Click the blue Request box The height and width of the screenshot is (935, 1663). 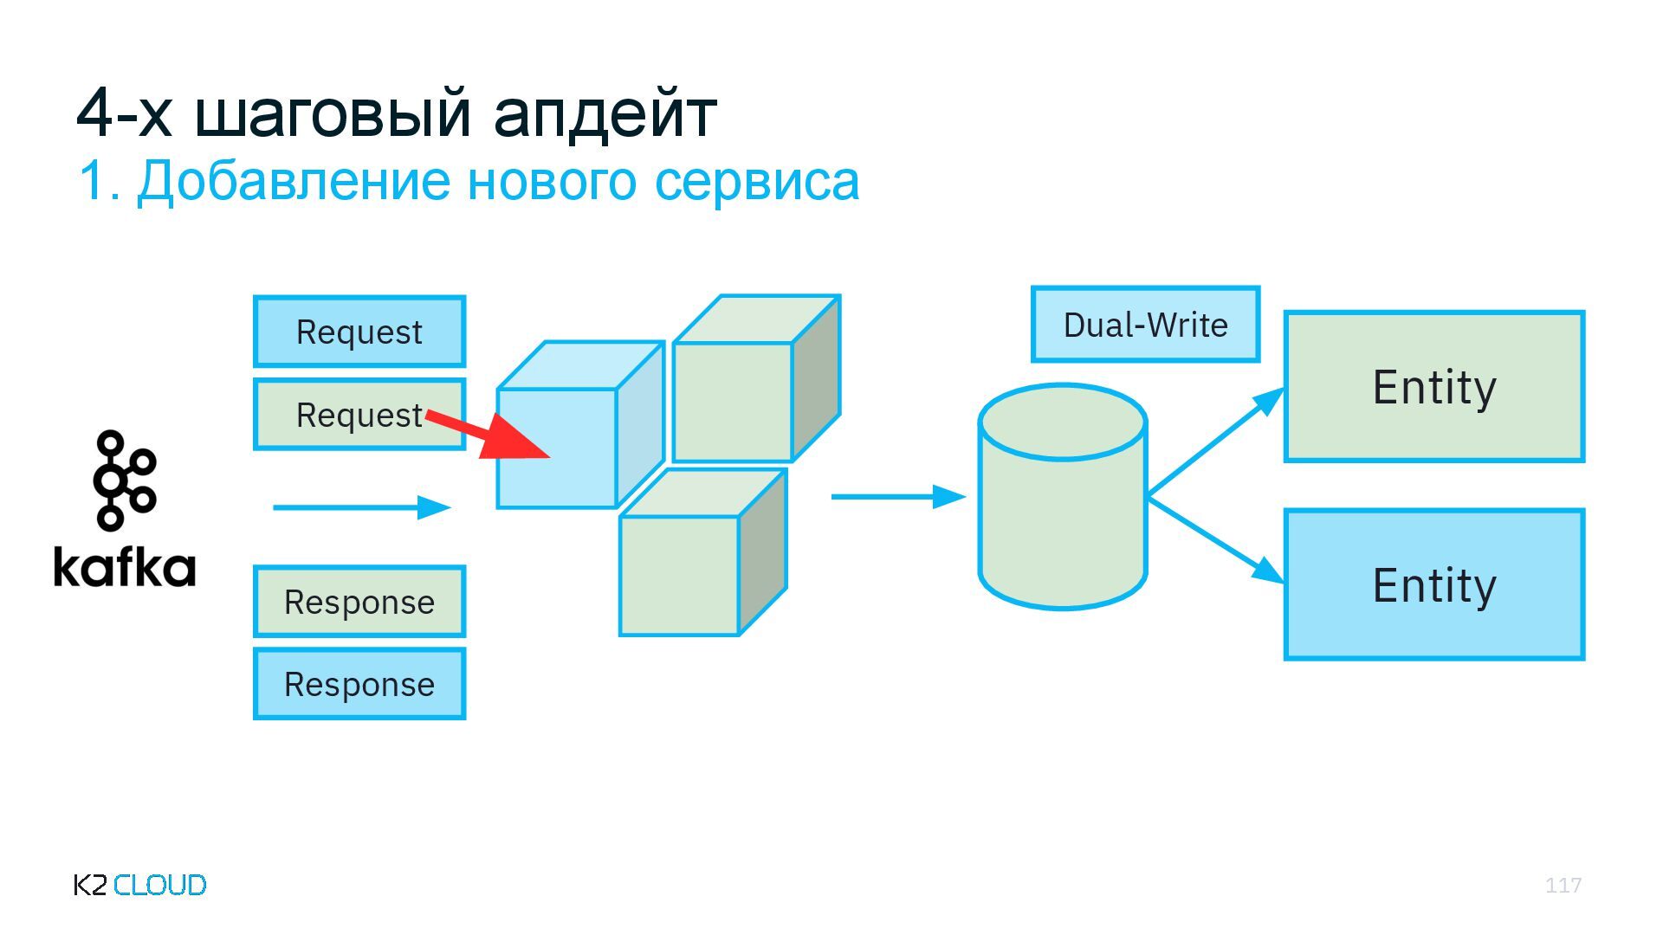click(x=359, y=332)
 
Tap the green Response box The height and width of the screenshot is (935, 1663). click(x=359, y=602)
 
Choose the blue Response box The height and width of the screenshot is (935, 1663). click(x=359, y=684)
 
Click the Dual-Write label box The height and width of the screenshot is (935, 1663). click(x=1145, y=325)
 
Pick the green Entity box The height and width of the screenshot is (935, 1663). click(x=1434, y=386)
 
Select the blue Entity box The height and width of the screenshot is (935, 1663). click(x=1434, y=584)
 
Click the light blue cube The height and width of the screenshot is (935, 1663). click(x=557, y=447)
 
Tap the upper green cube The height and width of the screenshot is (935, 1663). click(x=733, y=400)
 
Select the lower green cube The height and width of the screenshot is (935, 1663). click(x=680, y=575)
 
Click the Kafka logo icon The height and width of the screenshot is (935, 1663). click(x=124, y=480)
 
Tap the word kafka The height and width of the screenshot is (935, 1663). click(x=125, y=567)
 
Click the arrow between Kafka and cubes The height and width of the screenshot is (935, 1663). click(x=362, y=507)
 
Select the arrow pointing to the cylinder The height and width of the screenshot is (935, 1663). click(x=898, y=497)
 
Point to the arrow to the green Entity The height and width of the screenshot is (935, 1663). click(x=1217, y=442)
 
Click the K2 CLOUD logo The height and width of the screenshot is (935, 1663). click(x=140, y=885)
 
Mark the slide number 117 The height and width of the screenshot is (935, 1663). click(x=1563, y=885)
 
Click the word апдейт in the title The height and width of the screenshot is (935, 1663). click(x=605, y=113)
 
